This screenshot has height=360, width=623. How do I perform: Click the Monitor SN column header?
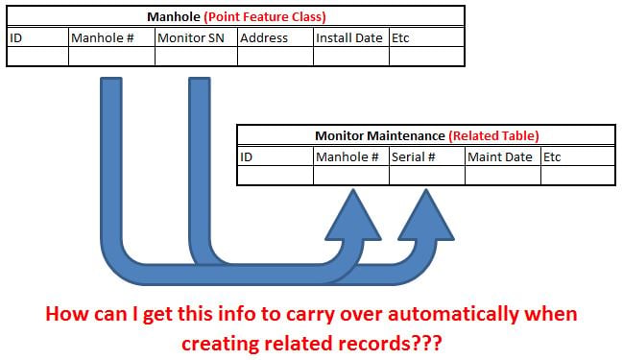(191, 38)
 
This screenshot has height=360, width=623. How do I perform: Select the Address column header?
(264, 38)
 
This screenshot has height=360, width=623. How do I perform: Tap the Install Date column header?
(348, 38)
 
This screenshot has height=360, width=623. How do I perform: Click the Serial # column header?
(413, 156)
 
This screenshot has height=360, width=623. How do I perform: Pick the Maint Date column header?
(500, 156)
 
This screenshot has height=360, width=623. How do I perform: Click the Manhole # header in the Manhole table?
(102, 38)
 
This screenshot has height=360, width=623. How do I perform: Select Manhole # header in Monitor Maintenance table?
(347, 156)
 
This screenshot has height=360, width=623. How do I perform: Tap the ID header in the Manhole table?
(16, 38)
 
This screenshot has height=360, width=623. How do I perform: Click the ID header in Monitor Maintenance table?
(246, 156)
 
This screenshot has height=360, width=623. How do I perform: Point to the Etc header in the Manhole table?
(400, 38)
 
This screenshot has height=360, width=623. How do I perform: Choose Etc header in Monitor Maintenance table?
(552, 156)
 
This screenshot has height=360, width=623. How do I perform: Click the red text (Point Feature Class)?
(265, 16)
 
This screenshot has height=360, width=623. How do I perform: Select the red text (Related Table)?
(493, 136)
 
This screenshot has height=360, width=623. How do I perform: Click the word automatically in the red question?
(453, 314)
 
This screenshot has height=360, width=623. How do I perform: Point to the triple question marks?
(427, 344)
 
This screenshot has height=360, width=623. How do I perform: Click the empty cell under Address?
(276, 56)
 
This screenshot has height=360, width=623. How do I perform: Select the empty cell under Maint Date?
(503, 176)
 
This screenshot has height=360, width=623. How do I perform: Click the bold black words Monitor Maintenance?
(380, 136)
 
